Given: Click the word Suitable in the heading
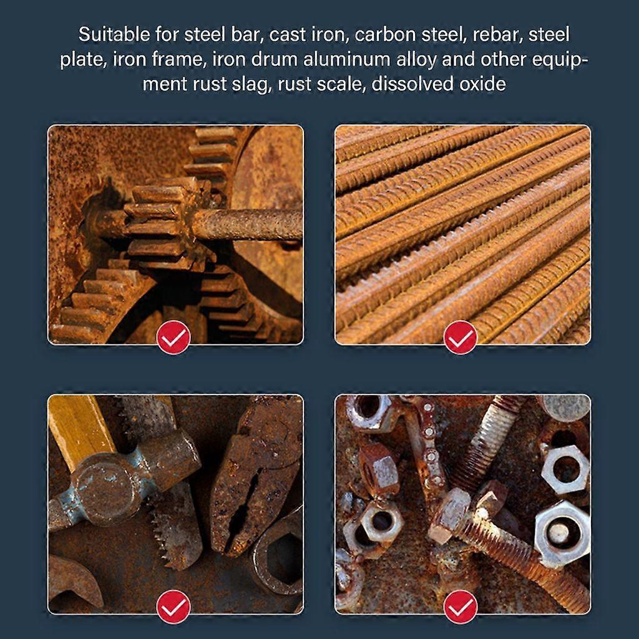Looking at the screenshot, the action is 114,34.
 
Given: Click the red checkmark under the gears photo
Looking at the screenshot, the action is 173,337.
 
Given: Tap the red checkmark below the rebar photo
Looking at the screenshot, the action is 461,337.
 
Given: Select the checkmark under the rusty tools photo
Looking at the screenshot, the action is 173,607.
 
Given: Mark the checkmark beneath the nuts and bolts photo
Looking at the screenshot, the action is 461,607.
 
